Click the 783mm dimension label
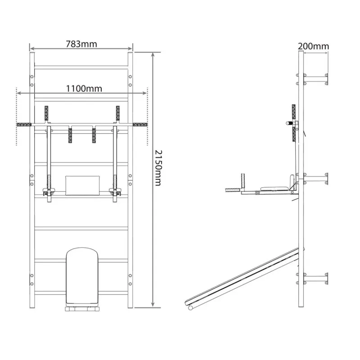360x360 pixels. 81,44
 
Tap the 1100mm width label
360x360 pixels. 84,88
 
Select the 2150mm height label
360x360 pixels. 158,168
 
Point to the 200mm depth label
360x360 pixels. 313,46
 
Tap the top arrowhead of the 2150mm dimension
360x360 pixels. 153,54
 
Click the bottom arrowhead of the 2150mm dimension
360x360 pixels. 153,305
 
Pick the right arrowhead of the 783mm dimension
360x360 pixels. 130,49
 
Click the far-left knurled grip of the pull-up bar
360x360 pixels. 24,125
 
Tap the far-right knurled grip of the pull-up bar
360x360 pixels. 140,125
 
